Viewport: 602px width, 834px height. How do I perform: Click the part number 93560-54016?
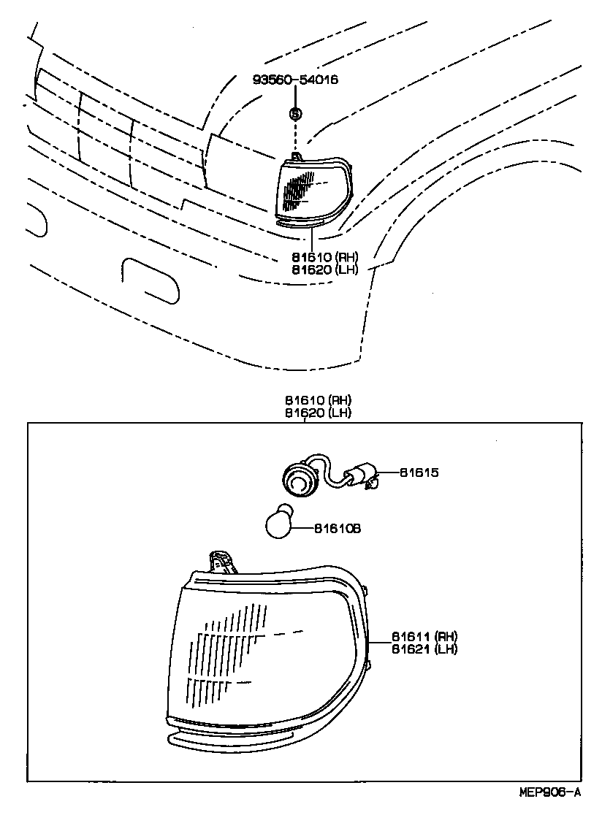(295, 80)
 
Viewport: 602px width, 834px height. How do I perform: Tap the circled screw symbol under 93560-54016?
(295, 113)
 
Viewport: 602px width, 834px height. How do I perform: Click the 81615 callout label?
(419, 473)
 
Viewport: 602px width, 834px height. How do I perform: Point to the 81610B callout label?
(338, 527)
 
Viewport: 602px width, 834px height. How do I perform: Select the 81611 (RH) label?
(424, 635)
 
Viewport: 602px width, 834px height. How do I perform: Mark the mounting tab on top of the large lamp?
(221, 562)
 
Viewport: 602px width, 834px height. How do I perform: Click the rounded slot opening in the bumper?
(150, 279)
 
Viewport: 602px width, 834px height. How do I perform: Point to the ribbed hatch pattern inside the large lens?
(223, 650)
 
